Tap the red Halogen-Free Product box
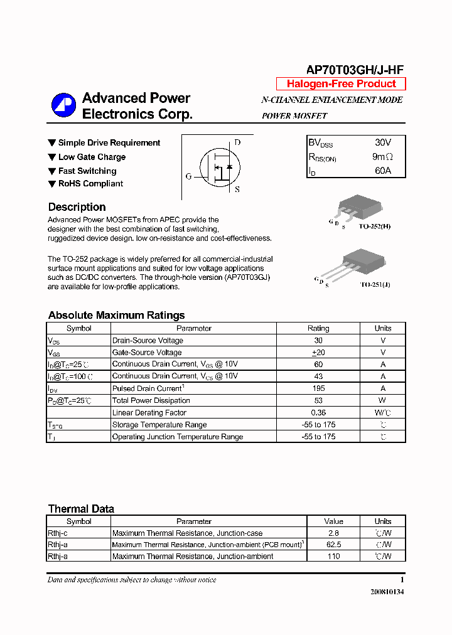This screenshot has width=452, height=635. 341,84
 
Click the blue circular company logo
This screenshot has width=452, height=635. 63,105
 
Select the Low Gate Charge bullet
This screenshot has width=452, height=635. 92,157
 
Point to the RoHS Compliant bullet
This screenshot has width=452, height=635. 90,184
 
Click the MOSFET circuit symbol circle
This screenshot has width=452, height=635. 220,166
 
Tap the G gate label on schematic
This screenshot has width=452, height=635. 188,176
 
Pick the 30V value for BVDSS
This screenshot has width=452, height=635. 383,143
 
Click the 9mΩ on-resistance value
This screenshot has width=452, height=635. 382,157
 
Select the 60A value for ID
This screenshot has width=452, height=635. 382,171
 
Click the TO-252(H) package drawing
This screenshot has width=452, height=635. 359,206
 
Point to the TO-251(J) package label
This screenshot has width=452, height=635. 375,284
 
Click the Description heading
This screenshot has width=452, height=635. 77,207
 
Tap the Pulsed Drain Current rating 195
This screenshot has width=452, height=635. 318,388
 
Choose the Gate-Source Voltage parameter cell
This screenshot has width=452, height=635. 147,353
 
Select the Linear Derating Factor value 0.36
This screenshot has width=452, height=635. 318,412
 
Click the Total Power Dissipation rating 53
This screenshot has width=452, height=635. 318,400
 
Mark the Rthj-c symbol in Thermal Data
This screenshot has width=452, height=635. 58,533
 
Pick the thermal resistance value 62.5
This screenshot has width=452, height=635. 333,545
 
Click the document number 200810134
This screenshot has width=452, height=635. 387,592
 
